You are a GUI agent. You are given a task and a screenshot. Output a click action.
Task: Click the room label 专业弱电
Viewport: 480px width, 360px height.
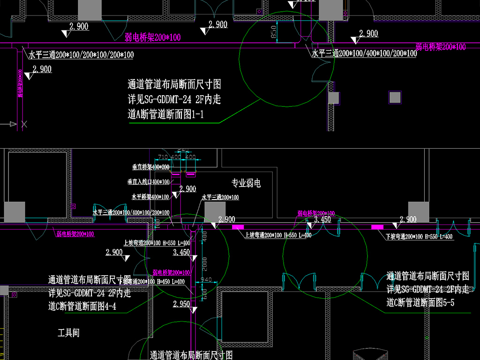pos(246,183)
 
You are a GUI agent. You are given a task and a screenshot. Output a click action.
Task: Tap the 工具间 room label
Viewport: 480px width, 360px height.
pos(68,333)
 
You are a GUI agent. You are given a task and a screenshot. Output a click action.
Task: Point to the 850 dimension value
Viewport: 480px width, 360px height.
pos(274,32)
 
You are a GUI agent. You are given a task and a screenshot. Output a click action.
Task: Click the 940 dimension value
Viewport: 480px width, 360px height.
pos(206,280)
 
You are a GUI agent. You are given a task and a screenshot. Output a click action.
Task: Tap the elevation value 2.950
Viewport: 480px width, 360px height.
pos(181,304)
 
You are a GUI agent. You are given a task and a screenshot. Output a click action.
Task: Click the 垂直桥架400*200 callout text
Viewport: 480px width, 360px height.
pos(150,167)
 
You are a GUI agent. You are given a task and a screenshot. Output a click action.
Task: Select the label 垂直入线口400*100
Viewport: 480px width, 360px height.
pos(149,181)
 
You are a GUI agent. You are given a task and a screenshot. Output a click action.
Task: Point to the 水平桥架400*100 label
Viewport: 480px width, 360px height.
pos(150,197)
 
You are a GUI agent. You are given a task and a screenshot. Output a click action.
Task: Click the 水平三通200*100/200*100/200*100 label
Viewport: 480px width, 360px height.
pos(81,55)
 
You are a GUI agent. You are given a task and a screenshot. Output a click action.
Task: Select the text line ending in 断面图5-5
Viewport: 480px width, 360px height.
pos(420,303)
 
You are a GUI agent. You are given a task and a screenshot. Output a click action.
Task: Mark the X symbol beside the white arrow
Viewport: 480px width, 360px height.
pos(24,124)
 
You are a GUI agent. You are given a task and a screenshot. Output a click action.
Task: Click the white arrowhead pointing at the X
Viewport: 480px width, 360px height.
pos(13,124)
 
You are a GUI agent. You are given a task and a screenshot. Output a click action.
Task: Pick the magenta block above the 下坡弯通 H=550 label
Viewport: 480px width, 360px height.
pos(377,227)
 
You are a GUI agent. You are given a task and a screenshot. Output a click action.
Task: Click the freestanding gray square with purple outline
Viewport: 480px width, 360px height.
pos(395,97)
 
